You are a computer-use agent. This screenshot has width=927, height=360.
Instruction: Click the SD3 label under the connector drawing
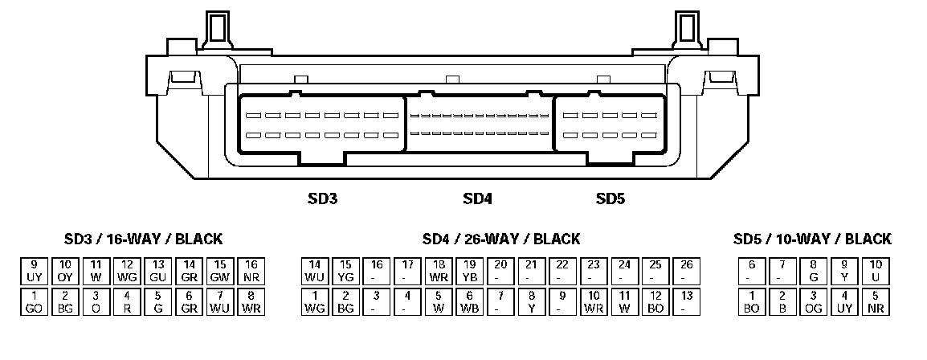click(x=322, y=198)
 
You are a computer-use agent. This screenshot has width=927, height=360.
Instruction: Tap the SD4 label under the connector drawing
click(x=477, y=198)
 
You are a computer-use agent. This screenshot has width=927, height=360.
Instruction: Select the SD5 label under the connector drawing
click(x=611, y=198)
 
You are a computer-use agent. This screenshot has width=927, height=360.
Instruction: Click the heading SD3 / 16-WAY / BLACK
click(x=143, y=239)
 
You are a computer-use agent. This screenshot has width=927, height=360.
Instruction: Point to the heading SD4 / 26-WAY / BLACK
click(x=500, y=239)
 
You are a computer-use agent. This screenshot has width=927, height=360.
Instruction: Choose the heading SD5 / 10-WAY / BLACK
click(x=812, y=239)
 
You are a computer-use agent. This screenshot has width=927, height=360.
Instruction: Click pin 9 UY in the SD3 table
click(x=34, y=270)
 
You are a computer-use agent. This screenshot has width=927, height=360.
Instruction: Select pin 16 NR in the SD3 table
click(x=251, y=270)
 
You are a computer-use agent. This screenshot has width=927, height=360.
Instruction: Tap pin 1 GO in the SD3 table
click(x=34, y=301)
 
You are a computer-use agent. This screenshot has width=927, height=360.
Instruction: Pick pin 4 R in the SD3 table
click(x=127, y=301)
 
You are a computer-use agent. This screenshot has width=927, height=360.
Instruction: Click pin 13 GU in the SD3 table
click(x=158, y=270)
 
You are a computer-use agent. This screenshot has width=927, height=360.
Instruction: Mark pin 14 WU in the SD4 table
click(x=315, y=270)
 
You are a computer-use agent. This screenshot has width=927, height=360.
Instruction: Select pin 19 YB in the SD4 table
click(x=470, y=270)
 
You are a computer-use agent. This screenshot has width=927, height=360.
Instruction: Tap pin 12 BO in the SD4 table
click(x=656, y=301)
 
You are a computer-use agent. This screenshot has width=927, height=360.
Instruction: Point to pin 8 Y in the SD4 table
click(x=532, y=301)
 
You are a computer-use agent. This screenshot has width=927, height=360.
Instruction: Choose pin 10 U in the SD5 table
click(x=876, y=270)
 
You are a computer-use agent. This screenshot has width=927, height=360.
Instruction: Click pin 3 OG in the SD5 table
click(x=813, y=301)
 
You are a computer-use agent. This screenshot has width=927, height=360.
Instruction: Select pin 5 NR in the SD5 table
click(x=876, y=301)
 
